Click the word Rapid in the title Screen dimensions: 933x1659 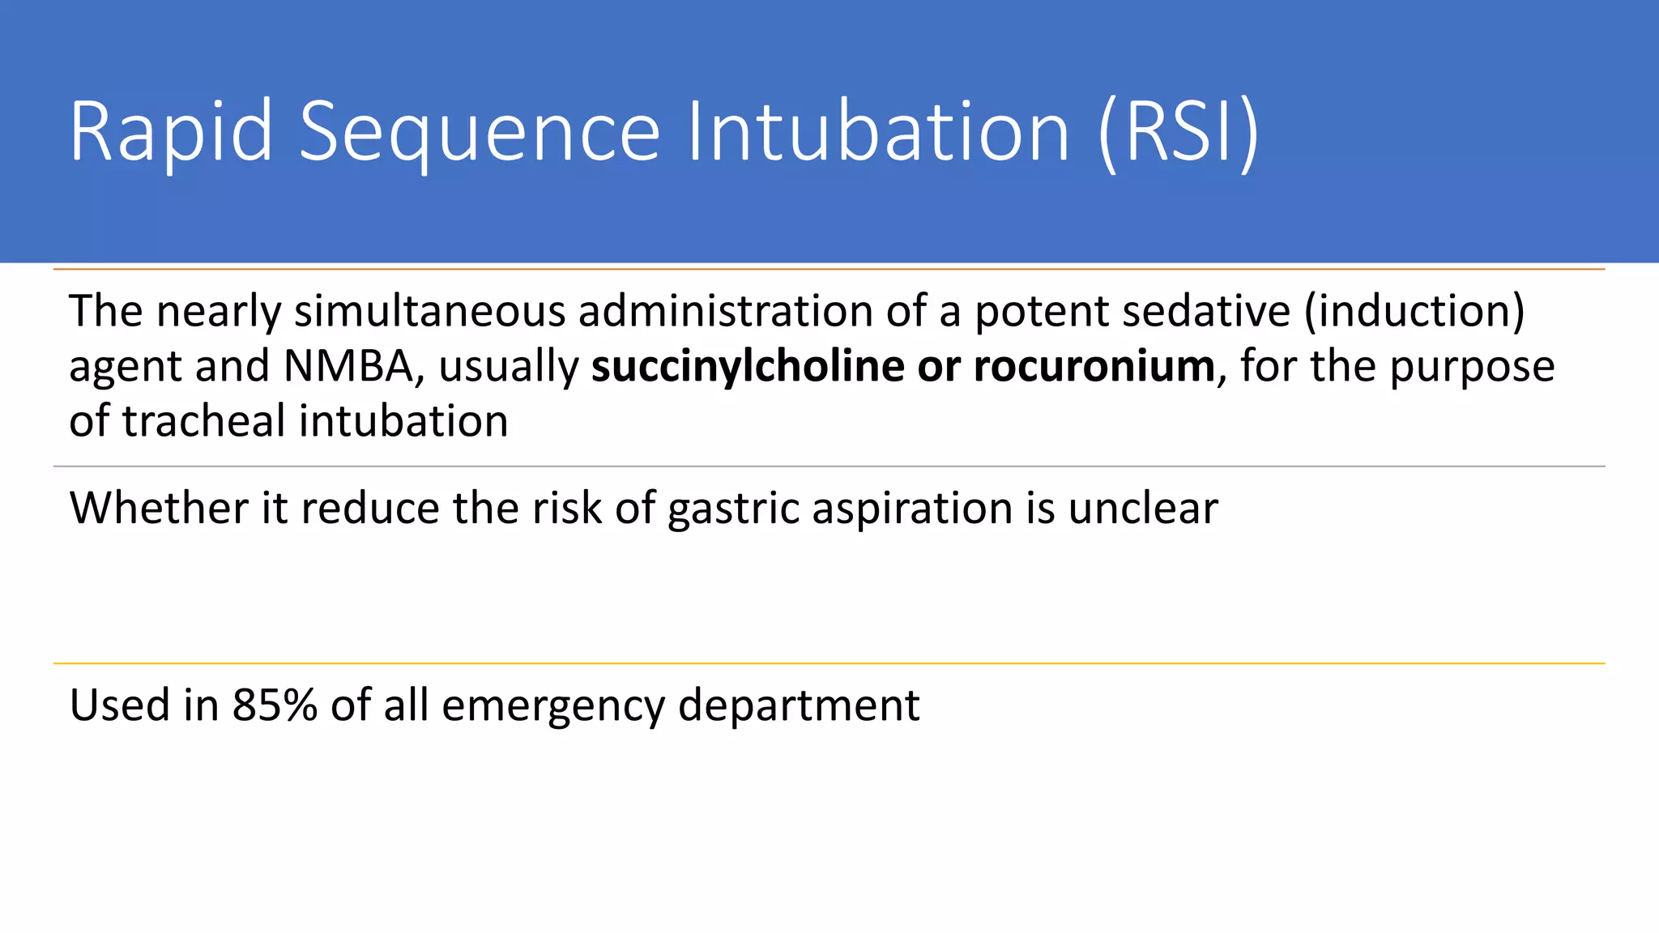171,132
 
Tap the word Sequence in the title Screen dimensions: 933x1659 480,132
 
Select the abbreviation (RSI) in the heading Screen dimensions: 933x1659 1179,132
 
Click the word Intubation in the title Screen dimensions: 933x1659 879,132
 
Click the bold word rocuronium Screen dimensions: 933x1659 1094,366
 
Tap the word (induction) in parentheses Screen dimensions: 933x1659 1414,312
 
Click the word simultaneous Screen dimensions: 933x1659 429,312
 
